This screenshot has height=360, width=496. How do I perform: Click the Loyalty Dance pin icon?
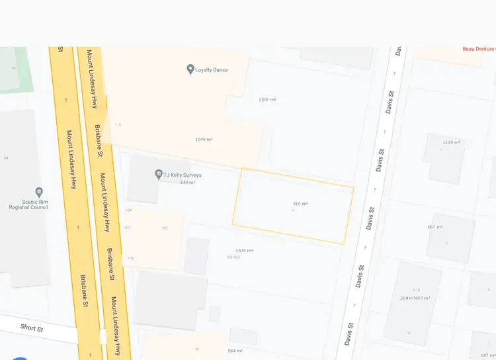(x=190, y=69)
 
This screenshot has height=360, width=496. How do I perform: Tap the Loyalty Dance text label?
(x=212, y=69)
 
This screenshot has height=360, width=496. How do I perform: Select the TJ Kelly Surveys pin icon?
(x=159, y=175)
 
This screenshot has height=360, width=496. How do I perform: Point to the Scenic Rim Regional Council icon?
(x=39, y=193)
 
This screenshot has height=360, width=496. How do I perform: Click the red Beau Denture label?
(x=479, y=49)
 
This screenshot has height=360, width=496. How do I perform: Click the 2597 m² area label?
(x=267, y=100)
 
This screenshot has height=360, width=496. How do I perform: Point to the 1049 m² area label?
(x=204, y=140)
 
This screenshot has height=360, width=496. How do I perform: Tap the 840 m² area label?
(x=188, y=183)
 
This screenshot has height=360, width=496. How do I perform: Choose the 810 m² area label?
(x=300, y=204)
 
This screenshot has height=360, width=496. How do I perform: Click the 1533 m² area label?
(x=245, y=251)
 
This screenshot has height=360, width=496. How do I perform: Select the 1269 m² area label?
(x=452, y=142)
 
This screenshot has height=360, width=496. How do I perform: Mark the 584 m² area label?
(x=235, y=351)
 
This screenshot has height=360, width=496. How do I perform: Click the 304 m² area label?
(x=407, y=298)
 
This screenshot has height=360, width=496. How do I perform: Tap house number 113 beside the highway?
(x=118, y=124)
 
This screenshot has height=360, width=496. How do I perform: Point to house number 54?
(x=6, y=158)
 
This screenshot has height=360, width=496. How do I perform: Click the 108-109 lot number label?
(x=233, y=257)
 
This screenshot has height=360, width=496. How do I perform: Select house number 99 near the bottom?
(x=197, y=349)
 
